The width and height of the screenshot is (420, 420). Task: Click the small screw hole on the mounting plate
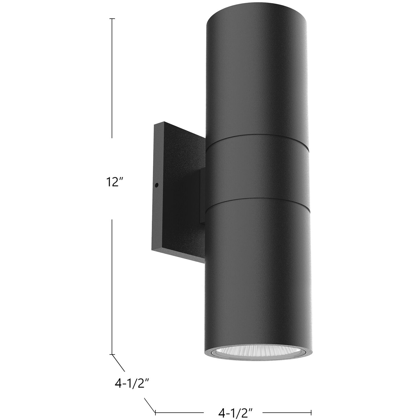[x=156, y=185]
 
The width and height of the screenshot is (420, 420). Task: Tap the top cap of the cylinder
[x=257, y=17]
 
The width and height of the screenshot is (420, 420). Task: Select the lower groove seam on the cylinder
[x=257, y=203]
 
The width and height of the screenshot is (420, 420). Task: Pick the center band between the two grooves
[x=257, y=171]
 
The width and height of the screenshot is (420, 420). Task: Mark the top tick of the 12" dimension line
[x=112, y=19]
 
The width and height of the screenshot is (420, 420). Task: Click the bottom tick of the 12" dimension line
[x=112, y=355]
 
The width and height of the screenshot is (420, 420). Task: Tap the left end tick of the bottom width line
[x=155, y=412]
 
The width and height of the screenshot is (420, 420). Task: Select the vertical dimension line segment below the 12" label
[x=112, y=285]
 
